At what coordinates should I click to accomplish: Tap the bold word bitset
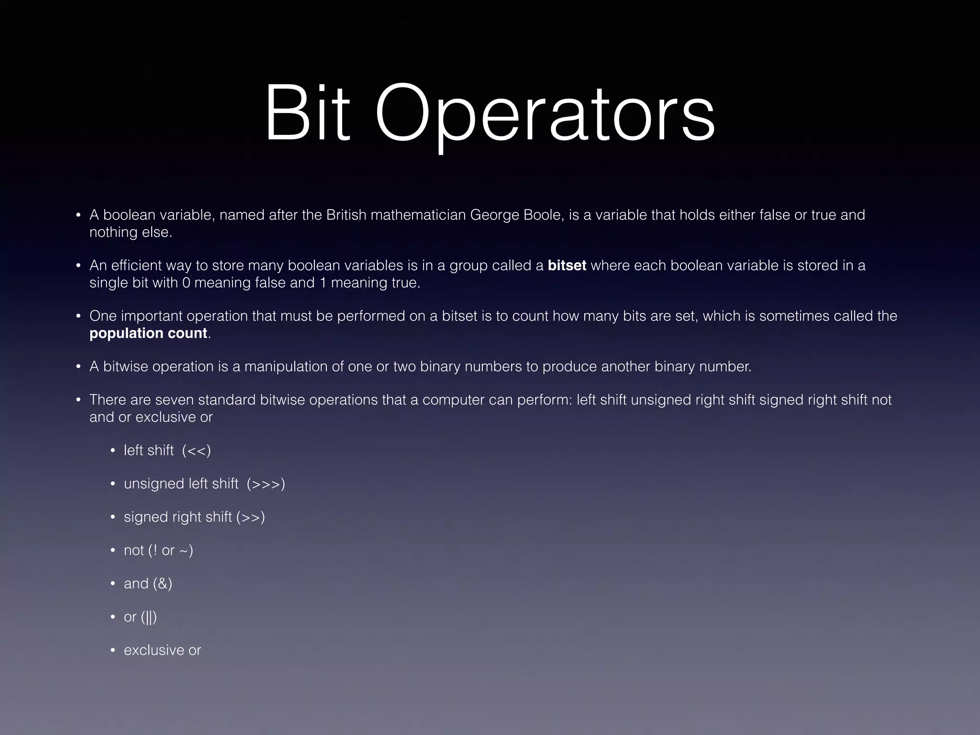tap(567, 266)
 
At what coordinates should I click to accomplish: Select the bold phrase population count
tap(148, 333)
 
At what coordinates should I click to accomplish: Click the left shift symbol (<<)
tap(196, 451)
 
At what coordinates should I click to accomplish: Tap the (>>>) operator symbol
tap(266, 484)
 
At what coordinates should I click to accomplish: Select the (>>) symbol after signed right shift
tap(250, 517)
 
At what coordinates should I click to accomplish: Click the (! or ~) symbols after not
tap(171, 550)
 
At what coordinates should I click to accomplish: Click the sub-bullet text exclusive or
tap(162, 650)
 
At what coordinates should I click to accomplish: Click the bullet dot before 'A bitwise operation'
tap(78, 367)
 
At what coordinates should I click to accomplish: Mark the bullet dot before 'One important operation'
tap(78, 316)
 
